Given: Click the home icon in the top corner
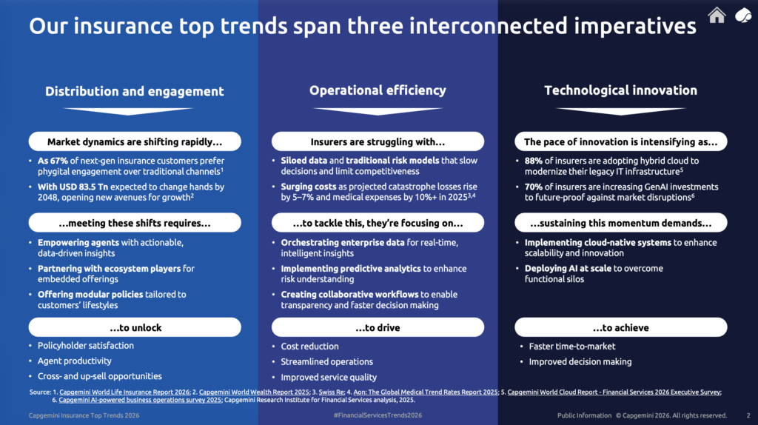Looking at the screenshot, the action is pos(717,15).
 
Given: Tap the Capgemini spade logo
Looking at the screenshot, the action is pos(743,16).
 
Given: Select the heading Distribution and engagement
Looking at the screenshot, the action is pos(135,91).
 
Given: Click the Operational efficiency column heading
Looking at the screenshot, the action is pos(378,90).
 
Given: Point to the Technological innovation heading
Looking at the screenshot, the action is pos(621,90).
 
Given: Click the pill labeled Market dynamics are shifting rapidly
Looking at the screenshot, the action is pos(135,141).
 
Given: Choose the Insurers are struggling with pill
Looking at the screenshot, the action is pos(378,141).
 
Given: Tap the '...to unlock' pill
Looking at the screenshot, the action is pos(135,327).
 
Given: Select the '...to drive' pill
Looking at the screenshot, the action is pos(378,327).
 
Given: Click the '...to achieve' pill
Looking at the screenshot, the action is pos(621,327).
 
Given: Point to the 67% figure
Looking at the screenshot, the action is pos(59,161).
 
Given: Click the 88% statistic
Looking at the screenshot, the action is pos(534,161).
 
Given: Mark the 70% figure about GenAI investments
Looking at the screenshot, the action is pos(534,187).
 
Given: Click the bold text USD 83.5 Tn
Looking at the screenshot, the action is pos(84,187).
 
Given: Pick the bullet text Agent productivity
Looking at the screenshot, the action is pos(75,361).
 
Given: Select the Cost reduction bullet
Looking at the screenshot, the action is pos(310,347).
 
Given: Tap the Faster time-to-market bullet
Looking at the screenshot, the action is pos(572,347).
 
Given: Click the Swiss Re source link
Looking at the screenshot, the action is pos(331,392).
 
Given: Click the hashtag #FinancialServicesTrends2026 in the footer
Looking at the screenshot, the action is pos(378,415).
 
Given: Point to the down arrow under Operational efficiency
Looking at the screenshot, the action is pos(378,111).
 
